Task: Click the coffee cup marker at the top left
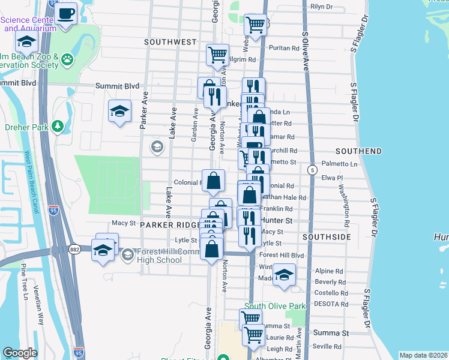point(67,13)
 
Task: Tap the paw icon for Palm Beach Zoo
point(68,59)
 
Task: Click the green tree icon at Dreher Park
point(57,126)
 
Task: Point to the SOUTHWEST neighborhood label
point(170,42)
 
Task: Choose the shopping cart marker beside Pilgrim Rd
point(217,55)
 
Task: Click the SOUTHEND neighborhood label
point(358,150)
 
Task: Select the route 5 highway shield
point(312,170)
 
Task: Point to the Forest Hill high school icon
point(127,256)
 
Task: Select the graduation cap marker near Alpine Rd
point(284,275)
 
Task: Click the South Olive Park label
point(280,307)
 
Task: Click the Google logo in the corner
point(20,353)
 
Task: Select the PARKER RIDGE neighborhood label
point(170,224)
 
